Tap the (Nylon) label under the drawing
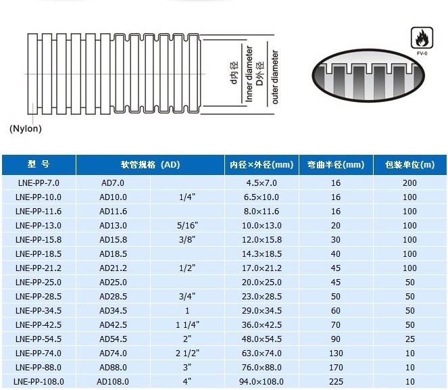click(26, 128)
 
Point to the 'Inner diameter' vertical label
click(250, 75)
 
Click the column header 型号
click(39, 165)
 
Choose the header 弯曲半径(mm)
click(336, 165)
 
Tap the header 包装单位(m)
click(409, 165)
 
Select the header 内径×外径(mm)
click(262, 165)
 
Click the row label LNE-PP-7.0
click(39, 182)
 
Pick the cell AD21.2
click(113, 268)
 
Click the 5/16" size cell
click(187, 225)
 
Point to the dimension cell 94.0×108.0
click(262, 381)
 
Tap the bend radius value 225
click(336, 381)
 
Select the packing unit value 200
click(409, 182)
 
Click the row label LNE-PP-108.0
click(39, 381)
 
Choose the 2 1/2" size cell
click(187, 353)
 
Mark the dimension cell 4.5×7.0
click(262, 182)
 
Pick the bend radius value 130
click(336, 353)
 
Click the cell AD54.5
click(113, 339)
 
